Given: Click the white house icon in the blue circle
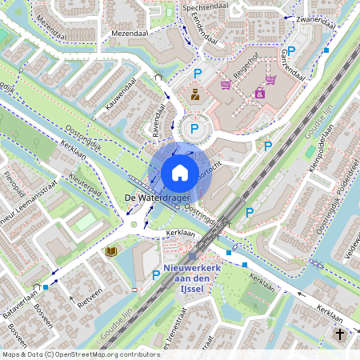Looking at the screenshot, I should (180, 172).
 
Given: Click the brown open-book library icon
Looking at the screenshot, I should (110, 251).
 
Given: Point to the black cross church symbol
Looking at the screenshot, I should (340, 333).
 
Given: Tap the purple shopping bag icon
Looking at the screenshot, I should (259, 94).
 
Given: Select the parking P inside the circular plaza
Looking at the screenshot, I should (194, 126).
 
